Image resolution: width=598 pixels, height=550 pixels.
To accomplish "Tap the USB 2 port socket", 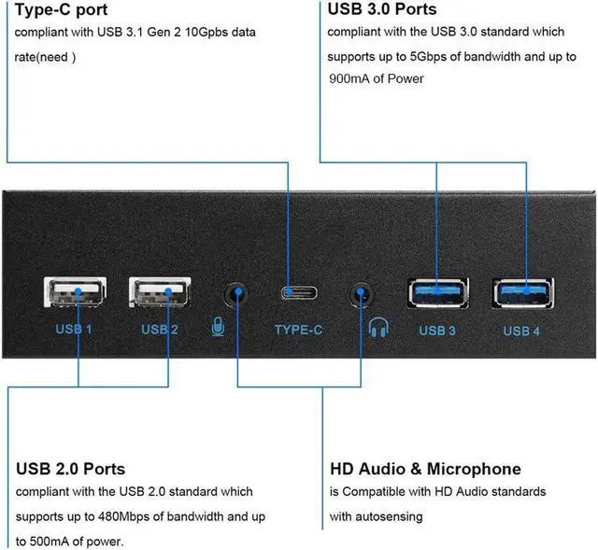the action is pyautogui.click(x=159, y=294).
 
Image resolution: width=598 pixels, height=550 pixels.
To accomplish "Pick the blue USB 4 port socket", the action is pyautogui.click(x=523, y=292).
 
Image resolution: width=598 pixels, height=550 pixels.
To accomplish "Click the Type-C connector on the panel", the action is pyautogui.click(x=299, y=292).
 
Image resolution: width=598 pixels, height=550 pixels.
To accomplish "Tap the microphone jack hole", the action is pyautogui.click(x=236, y=294).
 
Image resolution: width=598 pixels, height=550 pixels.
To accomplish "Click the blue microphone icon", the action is pyautogui.click(x=218, y=329).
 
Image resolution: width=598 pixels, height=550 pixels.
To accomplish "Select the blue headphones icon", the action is pyautogui.click(x=377, y=328).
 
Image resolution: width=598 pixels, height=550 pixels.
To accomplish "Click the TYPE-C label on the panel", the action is pyautogui.click(x=299, y=330).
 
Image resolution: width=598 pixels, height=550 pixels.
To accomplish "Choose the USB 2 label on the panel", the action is pyautogui.click(x=160, y=330).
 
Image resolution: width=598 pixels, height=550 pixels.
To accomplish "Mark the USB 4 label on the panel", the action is pyautogui.click(x=521, y=331).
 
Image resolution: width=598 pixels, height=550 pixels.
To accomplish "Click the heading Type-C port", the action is pyautogui.click(x=62, y=10).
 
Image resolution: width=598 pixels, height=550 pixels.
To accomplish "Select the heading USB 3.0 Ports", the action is pyautogui.click(x=382, y=10).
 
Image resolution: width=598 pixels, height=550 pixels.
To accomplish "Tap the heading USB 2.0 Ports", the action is pyautogui.click(x=70, y=468).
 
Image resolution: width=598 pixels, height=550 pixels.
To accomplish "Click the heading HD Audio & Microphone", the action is pyautogui.click(x=425, y=468).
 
